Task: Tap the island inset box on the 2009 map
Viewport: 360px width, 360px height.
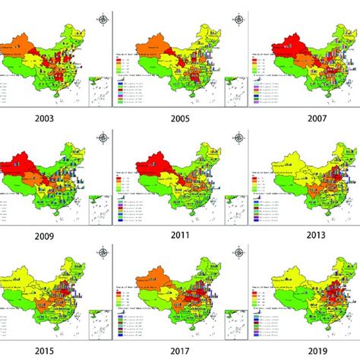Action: pos(99,207)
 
